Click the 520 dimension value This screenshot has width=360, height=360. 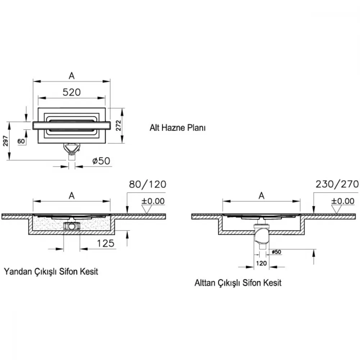pos(72,92)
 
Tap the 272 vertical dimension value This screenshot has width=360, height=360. pos(118,126)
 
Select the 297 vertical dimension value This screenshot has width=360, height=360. pos(5,141)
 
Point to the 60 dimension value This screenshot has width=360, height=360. pos(21,141)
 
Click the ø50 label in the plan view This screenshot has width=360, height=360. pos(101,161)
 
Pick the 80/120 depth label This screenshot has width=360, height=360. pos(148,184)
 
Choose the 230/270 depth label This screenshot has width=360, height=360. pos(337,184)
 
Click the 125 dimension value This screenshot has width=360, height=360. pos(105,243)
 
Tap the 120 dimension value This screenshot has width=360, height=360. pos(261,263)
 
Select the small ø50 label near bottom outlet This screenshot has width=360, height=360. pos(276,252)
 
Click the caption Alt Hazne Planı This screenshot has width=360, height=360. pos(177,128)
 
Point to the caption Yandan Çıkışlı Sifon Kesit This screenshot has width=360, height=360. pos(51,271)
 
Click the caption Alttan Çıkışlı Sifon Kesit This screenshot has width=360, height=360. pos(238,283)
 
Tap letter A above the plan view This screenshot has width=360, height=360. pos(72,76)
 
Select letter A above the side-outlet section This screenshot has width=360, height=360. pos(72,196)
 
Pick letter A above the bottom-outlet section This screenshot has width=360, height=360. pos(261,196)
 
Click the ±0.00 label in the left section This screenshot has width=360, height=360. pos(153,201)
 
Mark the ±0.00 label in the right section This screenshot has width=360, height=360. pos(343,201)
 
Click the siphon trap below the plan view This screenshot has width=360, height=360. pos(72,149)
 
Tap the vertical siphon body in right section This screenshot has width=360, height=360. pos(261,235)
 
